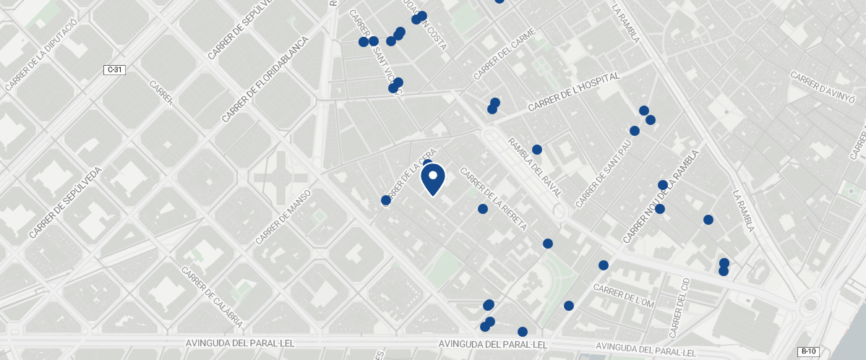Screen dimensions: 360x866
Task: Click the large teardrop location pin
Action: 432,179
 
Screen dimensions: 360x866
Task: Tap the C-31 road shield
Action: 114,70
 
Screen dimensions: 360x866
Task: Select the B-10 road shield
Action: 808,351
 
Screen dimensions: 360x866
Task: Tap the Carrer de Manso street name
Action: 283,216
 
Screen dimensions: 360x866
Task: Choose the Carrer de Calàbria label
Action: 211,296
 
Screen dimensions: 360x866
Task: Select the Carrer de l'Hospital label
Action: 574,92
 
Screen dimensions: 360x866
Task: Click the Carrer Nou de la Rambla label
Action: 661,196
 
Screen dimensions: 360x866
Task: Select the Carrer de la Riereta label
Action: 495,199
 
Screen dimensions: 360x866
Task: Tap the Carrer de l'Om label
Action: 623,296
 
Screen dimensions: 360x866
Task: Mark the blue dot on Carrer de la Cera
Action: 386,200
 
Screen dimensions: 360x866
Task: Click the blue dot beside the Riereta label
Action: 483,209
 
